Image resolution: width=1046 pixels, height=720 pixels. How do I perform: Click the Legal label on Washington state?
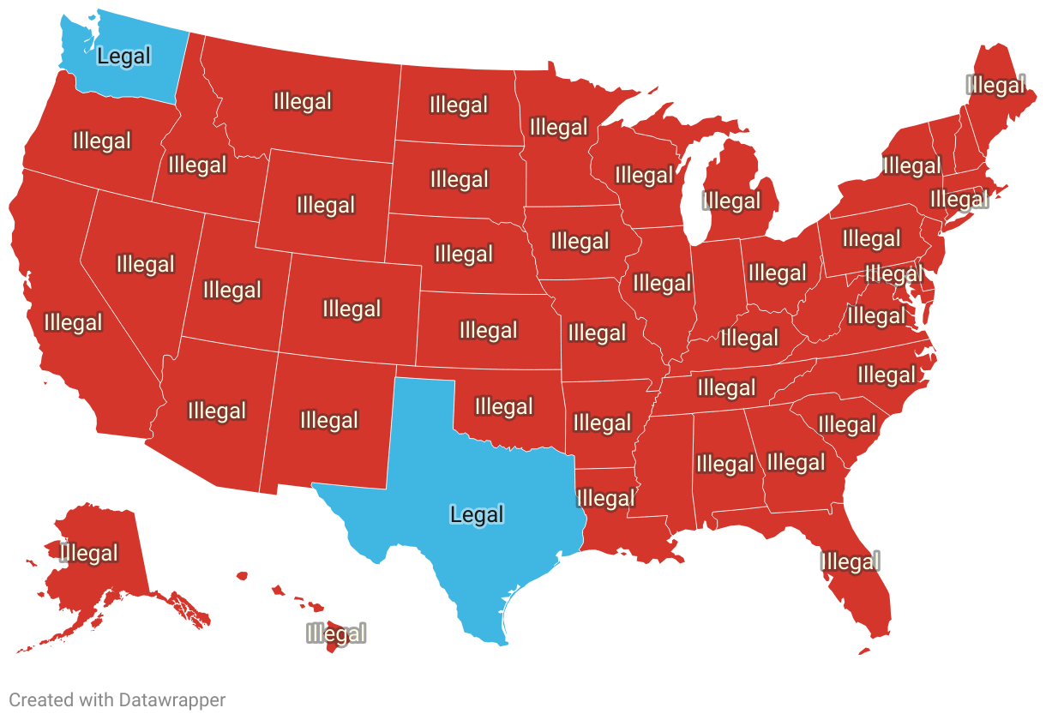[124, 57]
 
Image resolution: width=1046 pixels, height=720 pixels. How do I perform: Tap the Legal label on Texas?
[477, 514]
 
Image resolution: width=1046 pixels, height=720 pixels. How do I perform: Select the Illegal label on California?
[73, 323]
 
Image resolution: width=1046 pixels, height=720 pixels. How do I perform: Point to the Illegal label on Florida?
[850, 561]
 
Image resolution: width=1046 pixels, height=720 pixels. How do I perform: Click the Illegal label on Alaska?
[89, 553]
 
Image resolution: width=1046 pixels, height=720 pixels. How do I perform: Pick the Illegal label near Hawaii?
[336, 634]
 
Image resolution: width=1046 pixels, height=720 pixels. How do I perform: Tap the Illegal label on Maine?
[995, 85]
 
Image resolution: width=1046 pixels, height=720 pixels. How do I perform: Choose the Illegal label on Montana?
[302, 101]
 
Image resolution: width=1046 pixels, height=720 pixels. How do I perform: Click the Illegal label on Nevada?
[146, 264]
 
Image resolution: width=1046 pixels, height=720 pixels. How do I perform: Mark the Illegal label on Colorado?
[352, 309]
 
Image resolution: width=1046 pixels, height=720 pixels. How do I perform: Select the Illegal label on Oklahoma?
[504, 406]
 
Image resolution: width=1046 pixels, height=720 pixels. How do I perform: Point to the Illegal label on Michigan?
[731, 201]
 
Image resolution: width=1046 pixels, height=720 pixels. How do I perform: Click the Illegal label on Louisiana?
[606, 498]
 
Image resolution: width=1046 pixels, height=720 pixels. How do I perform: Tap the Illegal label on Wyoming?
[326, 205]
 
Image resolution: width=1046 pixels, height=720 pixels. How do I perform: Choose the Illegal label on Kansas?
[488, 330]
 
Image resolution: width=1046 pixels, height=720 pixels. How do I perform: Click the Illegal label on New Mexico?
[329, 420]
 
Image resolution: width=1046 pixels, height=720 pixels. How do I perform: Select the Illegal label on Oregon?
[102, 141]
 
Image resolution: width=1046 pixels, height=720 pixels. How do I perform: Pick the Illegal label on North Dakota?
[459, 105]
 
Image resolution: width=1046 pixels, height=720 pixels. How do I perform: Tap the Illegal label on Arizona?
[217, 411]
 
